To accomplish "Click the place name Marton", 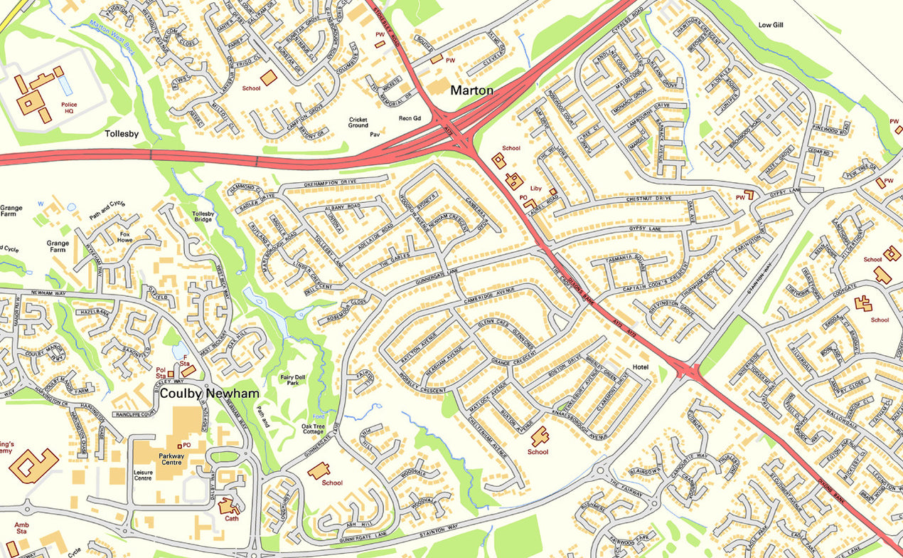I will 472,90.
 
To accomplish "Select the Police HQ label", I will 69,108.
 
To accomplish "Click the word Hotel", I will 641,368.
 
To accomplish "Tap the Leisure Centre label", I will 148,475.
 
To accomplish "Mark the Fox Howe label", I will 125,237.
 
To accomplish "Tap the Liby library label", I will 536,189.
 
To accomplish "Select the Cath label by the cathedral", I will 231,518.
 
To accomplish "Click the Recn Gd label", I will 410,118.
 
